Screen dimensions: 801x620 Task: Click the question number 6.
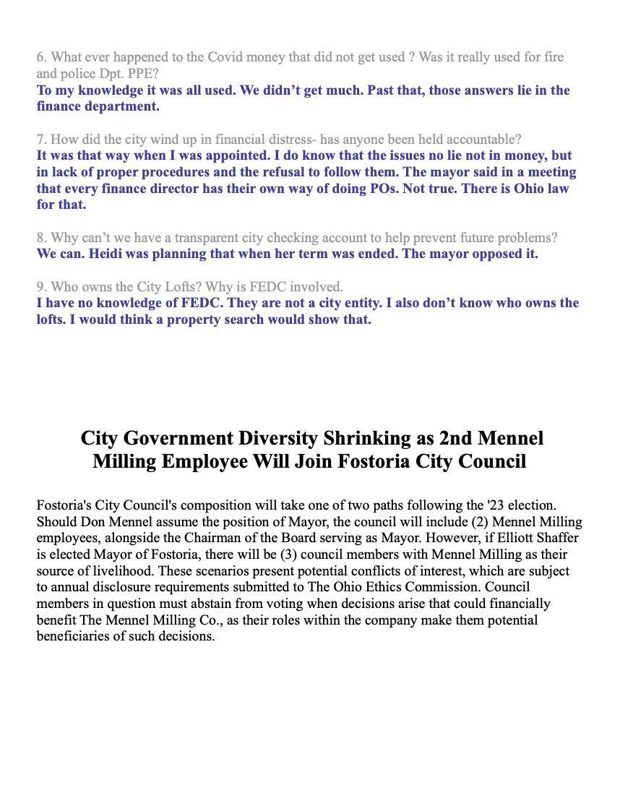pos(41,57)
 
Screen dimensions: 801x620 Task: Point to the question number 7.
pos(41,139)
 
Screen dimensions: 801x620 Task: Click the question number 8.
pos(41,238)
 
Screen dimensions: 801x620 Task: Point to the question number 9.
pos(41,286)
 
